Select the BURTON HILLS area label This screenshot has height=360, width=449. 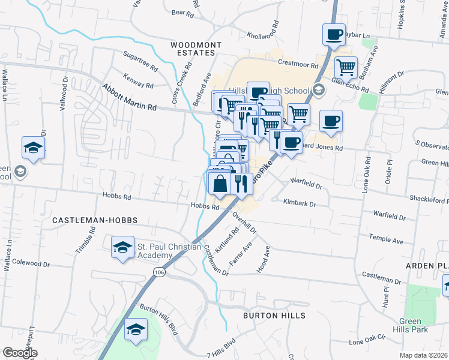[274, 315]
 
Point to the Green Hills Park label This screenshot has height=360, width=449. [419, 325]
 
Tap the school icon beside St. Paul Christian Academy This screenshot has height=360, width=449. [122, 247]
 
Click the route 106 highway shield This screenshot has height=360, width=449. [159, 272]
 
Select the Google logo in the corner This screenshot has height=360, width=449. [20, 353]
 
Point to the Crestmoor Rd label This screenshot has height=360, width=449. [296, 62]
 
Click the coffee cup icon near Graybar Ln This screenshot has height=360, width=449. [333, 35]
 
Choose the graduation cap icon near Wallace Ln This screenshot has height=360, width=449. [33, 147]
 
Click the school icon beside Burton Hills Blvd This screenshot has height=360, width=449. [136, 329]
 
